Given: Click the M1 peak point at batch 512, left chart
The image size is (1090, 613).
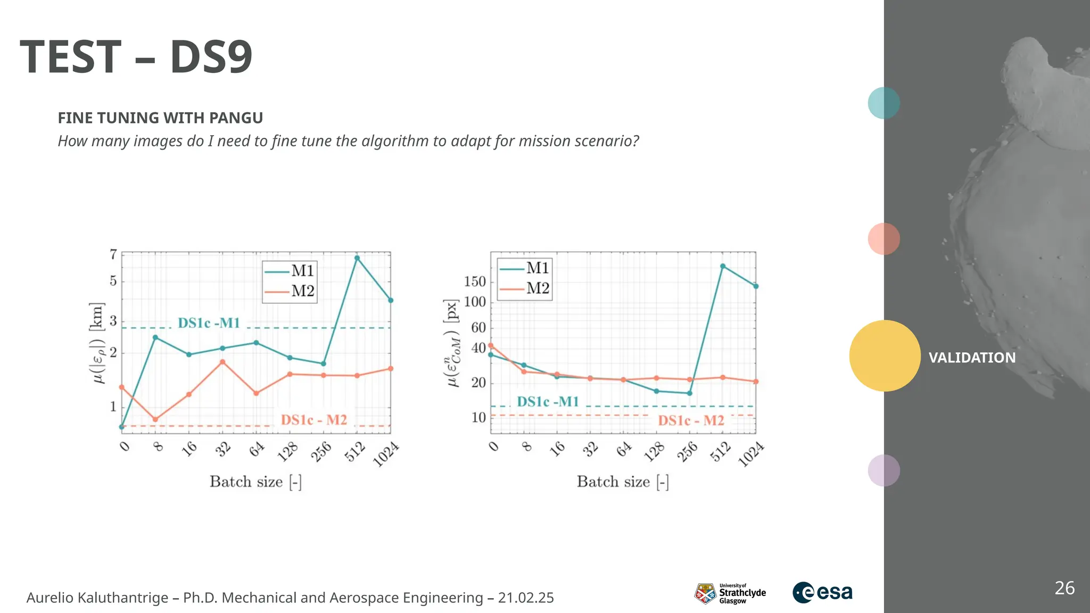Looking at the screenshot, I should pyautogui.click(x=357, y=258).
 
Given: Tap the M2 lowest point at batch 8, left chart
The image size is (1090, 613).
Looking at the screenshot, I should pyautogui.click(x=155, y=419).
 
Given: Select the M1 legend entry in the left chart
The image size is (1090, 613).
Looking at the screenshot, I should pyautogui.click(x=290, y=271).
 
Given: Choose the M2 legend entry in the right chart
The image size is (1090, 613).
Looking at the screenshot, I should pyautogui.click(x=525, y=288).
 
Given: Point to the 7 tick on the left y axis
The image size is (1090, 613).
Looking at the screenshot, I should pyautogui.click(x=113, y=254).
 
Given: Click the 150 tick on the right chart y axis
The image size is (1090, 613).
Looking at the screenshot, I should pyautogui.click(x=475, y=281).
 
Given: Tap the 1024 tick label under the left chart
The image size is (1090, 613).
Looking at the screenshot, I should pyautogui.click(x=386, y=454).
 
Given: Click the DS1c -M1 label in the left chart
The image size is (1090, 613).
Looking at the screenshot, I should pyautogui.click(x=209, y=323).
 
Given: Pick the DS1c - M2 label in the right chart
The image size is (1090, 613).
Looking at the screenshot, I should pyautogui.click(x=691, y=420).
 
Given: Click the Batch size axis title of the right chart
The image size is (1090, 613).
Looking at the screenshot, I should pyautogui.click(x=623, y=482).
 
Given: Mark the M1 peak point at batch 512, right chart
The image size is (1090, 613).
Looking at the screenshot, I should pyautogui.click(x=723, y=266).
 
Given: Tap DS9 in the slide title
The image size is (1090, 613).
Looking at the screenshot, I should pyautogui.click(x=211, y=57).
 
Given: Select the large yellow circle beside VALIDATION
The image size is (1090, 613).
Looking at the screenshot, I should pyautogui.click(x=885, y=355).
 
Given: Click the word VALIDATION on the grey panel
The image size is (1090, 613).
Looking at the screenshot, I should pyautogui.click(x=972, y=358).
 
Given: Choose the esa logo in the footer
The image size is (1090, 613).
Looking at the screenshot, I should pyautogui.click(x=822, y=592).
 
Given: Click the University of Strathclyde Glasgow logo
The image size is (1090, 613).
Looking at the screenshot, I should pyautogui.click(x=730, y=593).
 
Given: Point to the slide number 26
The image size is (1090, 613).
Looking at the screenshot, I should pyautogui.click(x=1064, y=588).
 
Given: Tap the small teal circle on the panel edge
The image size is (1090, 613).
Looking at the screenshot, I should pyautogui.click(x=883, y=103).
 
